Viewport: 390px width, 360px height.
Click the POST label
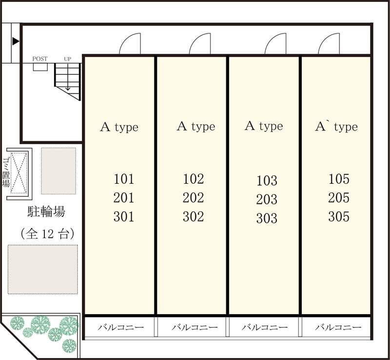tap(40, 59)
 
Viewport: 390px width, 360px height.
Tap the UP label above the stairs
tap(67, 59)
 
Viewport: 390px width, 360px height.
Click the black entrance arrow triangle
tap(16, 41)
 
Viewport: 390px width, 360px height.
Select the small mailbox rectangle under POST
tap(40, 67)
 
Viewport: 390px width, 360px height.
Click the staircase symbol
tap(68, 81)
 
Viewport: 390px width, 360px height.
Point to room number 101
tap(124, 179)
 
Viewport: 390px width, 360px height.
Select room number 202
tap(193, 198)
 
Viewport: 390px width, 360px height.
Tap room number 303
tap(267, 218)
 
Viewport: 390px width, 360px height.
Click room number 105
tap(339, 179)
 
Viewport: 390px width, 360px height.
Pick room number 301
tap(124, 217)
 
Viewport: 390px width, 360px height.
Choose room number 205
tap(339, 198)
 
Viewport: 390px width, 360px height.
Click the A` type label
tap(336, 127)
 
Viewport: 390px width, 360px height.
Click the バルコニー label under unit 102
tap(195, 327)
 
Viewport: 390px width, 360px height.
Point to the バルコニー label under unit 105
tap(338, 327)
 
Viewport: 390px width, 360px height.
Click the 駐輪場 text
tap(46, 212)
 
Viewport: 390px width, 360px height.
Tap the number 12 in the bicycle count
tap(46, 234)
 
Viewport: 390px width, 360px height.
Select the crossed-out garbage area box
tap(19, 173)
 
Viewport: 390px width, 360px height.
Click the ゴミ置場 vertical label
tap(6, 172)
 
